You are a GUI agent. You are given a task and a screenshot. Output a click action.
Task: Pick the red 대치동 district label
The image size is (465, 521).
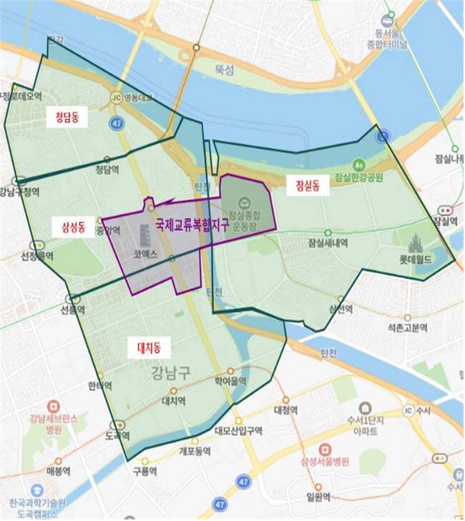pos(149,348)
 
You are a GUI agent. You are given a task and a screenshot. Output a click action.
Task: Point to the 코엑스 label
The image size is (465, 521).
pos(145,254)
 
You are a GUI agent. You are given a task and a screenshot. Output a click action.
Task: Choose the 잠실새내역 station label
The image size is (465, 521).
pos(328,243)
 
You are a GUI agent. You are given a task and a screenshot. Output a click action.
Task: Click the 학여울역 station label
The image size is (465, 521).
pos(231,382)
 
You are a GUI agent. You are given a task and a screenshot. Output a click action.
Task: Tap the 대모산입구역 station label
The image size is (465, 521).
pos(238,431)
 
